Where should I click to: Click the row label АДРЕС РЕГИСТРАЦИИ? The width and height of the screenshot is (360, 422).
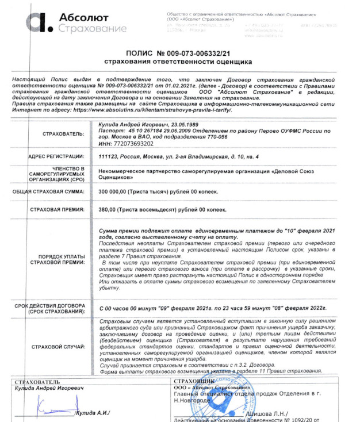(x=56, y=156)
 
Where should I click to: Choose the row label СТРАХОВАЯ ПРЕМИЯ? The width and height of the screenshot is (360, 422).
(x=57, y=209)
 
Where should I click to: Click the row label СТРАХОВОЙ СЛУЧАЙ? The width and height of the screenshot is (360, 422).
(x=60, y=347)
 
